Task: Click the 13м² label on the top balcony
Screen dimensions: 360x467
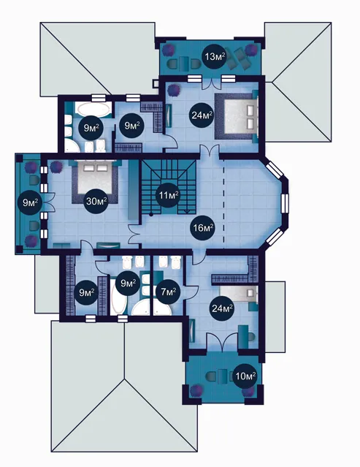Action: click(x=214, y=56)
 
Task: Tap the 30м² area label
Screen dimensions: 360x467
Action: click(x=96, y=201)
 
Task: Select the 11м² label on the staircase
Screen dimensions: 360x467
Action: click(x=168, y=195)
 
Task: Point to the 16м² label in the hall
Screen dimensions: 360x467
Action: click(x=203, y=228)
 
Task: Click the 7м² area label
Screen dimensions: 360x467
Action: click(x=168, y=292)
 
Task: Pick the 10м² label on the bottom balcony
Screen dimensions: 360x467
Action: click(x=245, y=376)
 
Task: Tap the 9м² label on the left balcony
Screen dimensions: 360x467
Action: click(x=30, y=203)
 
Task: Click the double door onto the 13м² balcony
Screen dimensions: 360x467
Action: click(x=211, y=83)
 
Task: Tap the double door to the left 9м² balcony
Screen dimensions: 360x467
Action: click(x=50, y=202)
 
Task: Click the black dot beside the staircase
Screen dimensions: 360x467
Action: click(x=151, y=214)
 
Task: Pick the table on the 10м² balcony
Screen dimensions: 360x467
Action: click(x=223, y=376)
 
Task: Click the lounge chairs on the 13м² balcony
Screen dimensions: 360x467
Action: click(x=240, y=58)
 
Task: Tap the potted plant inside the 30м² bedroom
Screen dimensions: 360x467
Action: click(x=55, y=167)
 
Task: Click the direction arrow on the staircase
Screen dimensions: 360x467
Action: click(x=186, y=211)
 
